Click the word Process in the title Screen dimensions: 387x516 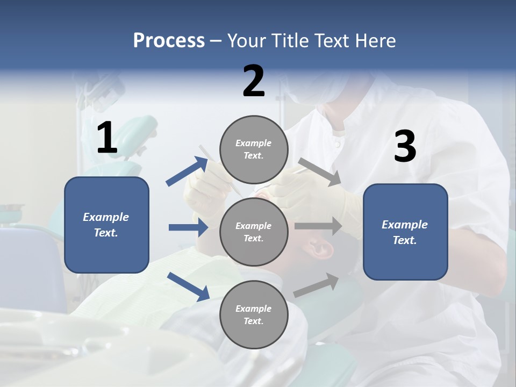[x=169, y=40]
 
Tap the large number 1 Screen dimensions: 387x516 [x=107, y=138]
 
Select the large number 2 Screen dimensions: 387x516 [x=254, y=81]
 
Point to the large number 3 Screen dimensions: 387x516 [x=405, y=147]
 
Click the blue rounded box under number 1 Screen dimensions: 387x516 [x=106, y=225]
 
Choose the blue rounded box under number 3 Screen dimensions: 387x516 [x=405, y=232]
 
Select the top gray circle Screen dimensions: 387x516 [x=254, y=149]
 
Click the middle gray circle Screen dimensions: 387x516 [x=254, y=232]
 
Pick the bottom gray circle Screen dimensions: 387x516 [x=254, y=314]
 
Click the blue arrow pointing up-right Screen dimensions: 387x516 [x=187, y=171]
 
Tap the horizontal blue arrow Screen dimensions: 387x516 [x=188, y=227]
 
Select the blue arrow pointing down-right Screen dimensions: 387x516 [x=188, y=286]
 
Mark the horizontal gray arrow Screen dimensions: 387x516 [x=318, y=226]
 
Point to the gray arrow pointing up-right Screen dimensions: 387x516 [x=317, y=285]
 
